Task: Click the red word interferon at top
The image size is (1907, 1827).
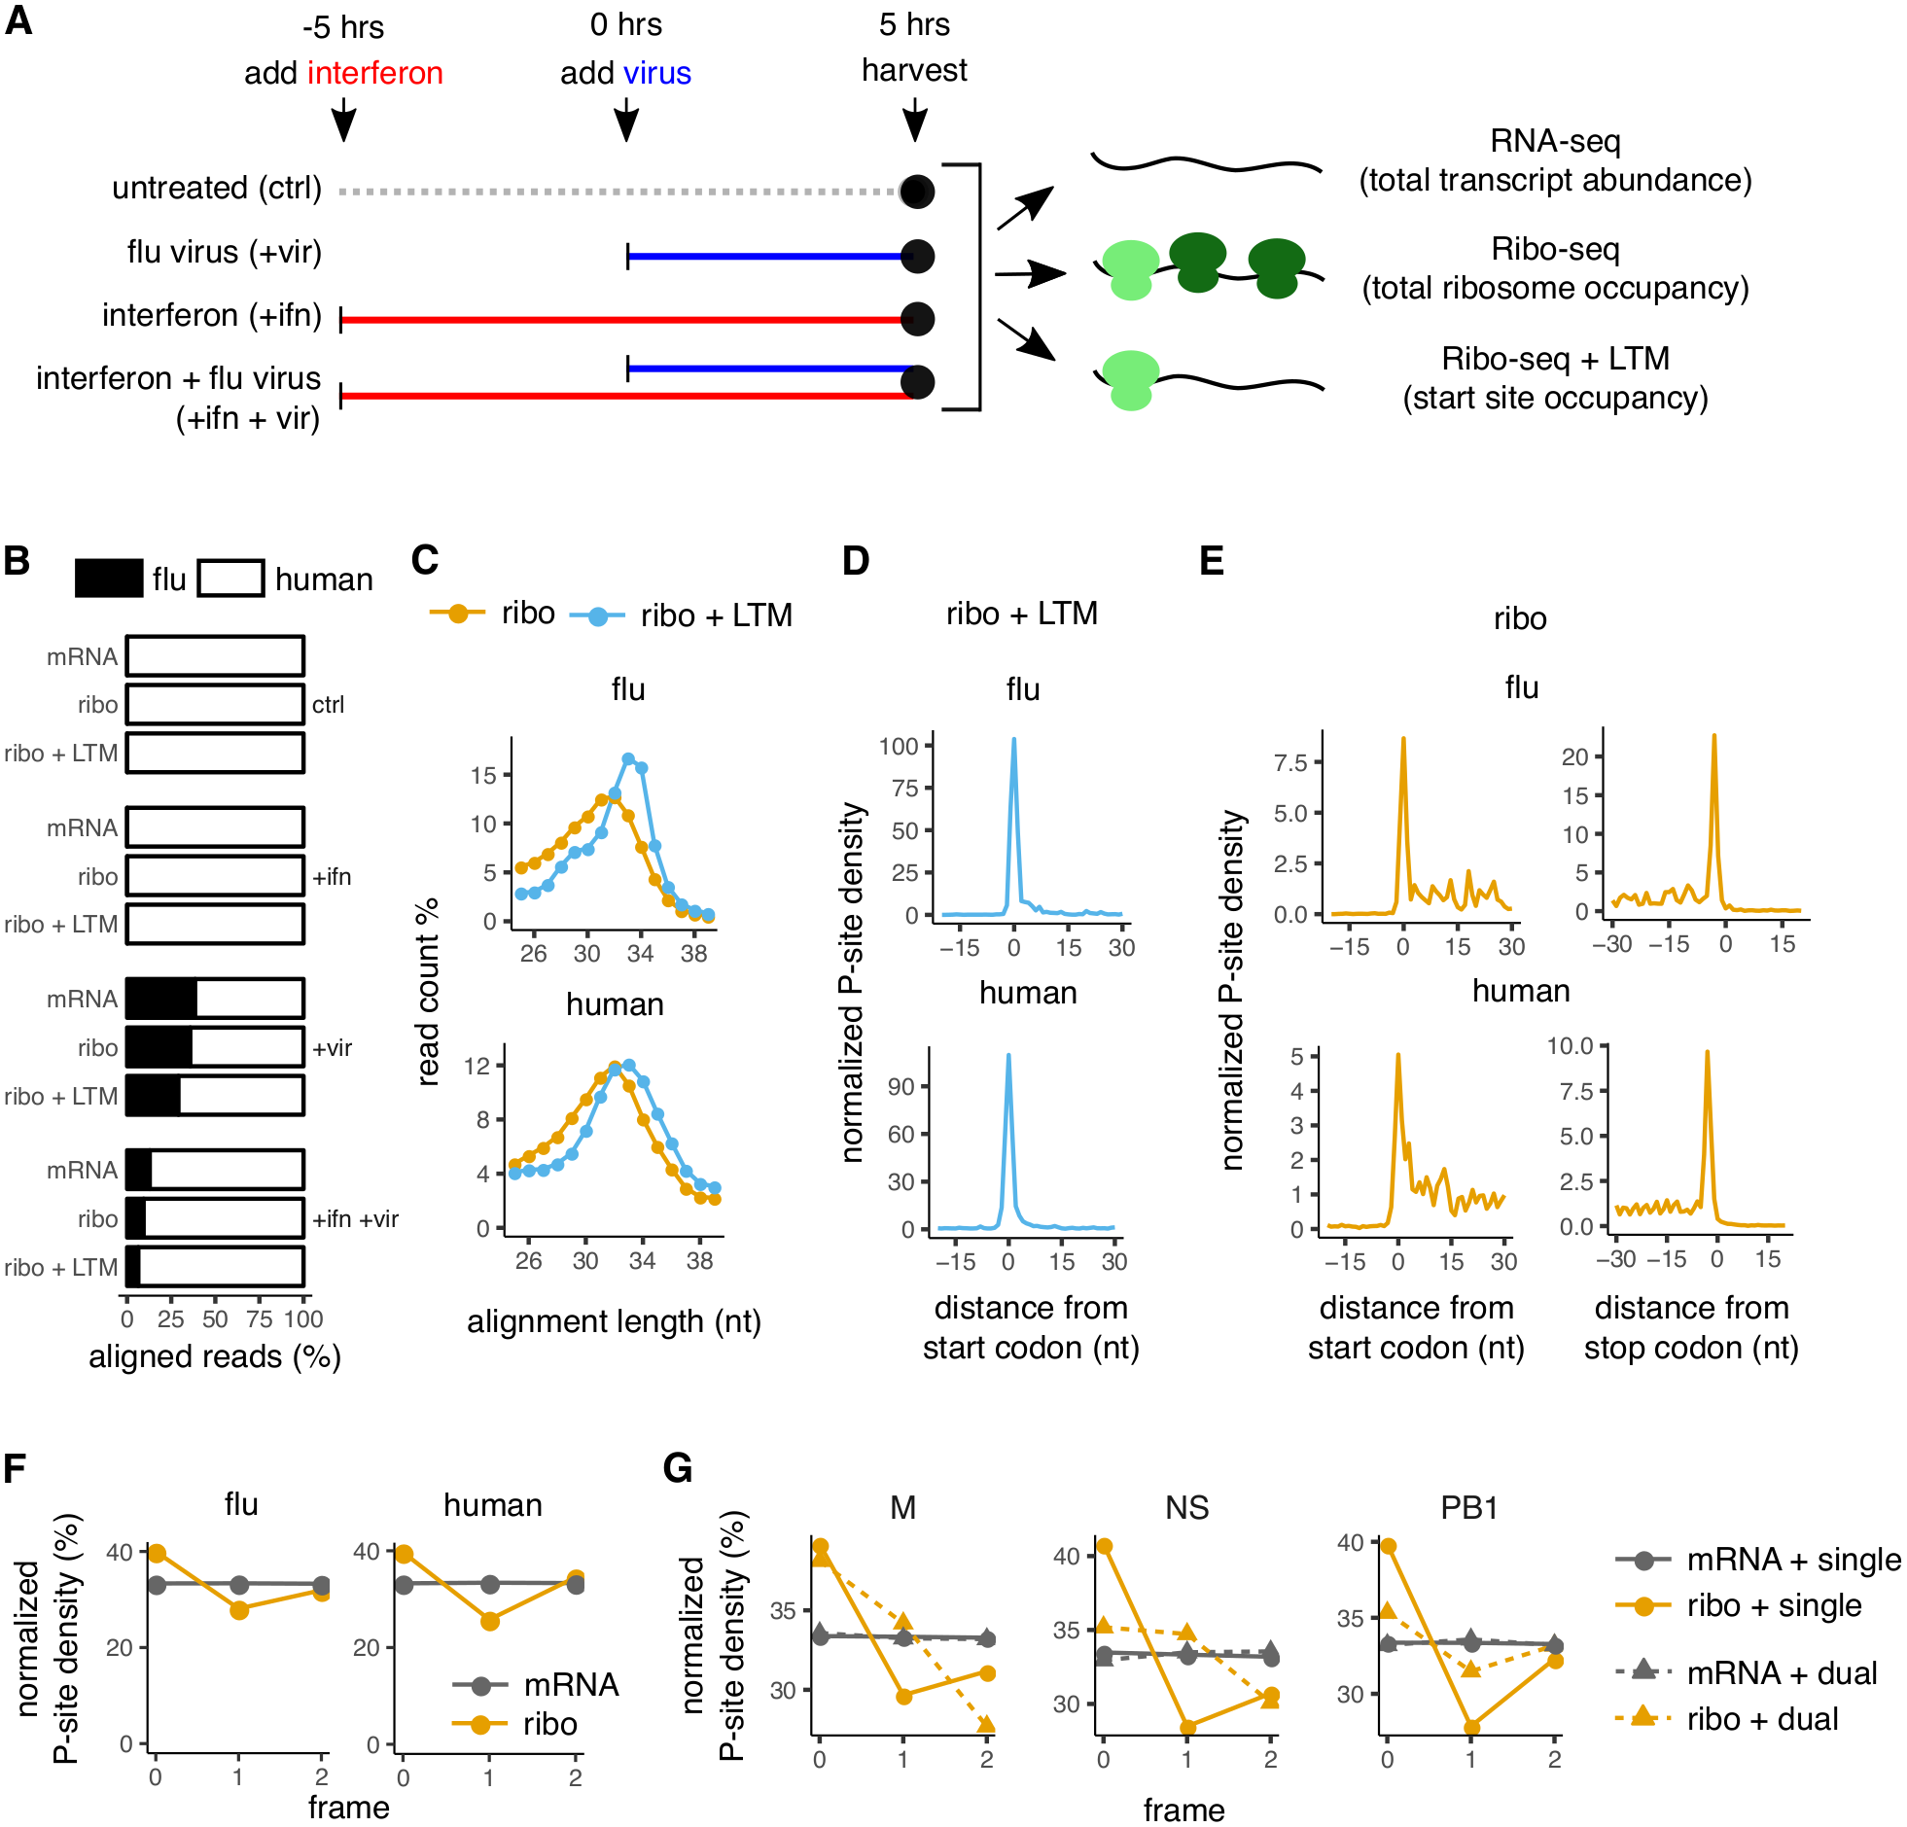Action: pos(374,73)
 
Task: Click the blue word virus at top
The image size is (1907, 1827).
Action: pos(656,73)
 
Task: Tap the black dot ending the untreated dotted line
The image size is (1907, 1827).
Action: pos(916,191)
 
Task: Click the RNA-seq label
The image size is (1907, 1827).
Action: pos(1554,142)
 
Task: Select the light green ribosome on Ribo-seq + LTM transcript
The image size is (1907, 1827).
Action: pos(1130,380)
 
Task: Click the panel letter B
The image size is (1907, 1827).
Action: pos(17,561)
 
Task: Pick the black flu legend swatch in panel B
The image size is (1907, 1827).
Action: pos(109,579)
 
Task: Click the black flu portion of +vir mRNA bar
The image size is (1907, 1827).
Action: pos(161,1000)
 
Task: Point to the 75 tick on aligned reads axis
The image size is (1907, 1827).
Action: pos(259,1319)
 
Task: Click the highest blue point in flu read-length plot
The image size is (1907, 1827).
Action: pos(628,758)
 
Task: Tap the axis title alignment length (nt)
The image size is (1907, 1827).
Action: pos(614,1321)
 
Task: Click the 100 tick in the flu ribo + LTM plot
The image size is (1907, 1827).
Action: pos(899,747)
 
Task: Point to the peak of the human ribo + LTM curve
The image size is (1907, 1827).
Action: pos(1008,1056)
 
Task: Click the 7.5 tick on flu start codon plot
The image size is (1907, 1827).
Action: pos(1291,762)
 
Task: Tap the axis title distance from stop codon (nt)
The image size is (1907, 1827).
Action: pos(1691,1327)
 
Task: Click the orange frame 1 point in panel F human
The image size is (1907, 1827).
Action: pos(489,1621)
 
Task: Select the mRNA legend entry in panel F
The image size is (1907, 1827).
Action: pos(569,1685)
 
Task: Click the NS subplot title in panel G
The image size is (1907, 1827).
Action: pos(1187,1508)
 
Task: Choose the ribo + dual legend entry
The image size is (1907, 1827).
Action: pos(1761,1719)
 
